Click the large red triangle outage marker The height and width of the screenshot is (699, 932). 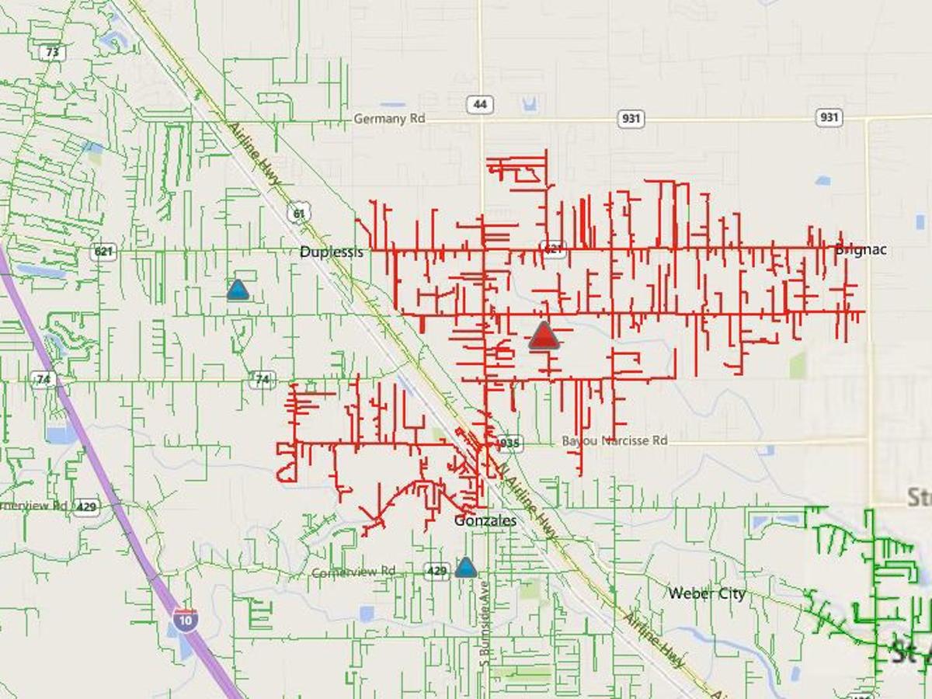[x=544, y=336]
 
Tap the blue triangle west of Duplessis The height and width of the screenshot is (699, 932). [x=238, y=290]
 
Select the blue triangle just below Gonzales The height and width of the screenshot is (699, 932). [x=465, y=567]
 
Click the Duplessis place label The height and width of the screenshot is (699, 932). [x=332, y=252]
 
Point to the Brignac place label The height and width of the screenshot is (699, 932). [x=861, y=250]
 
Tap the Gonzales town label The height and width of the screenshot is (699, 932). [x=485, y=520]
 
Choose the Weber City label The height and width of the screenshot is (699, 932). [x=707, y=593]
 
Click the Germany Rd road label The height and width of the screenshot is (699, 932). [x=390, y=119]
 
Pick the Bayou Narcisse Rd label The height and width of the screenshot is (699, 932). [x=614, y=440]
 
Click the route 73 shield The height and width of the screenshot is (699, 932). [x=52, y=53]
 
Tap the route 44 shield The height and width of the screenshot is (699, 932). [x=482, y=104]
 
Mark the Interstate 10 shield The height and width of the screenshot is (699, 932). [x=185, y=619]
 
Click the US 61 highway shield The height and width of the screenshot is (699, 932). [x=297, y=212]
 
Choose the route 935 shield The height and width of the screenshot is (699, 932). [x=509, y=443]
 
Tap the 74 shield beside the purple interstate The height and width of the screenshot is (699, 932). [x=43, y=380]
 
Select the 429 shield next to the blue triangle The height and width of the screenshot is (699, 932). [x=437, y=571]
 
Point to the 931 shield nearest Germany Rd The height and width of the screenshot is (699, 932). [x=631, y=118]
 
